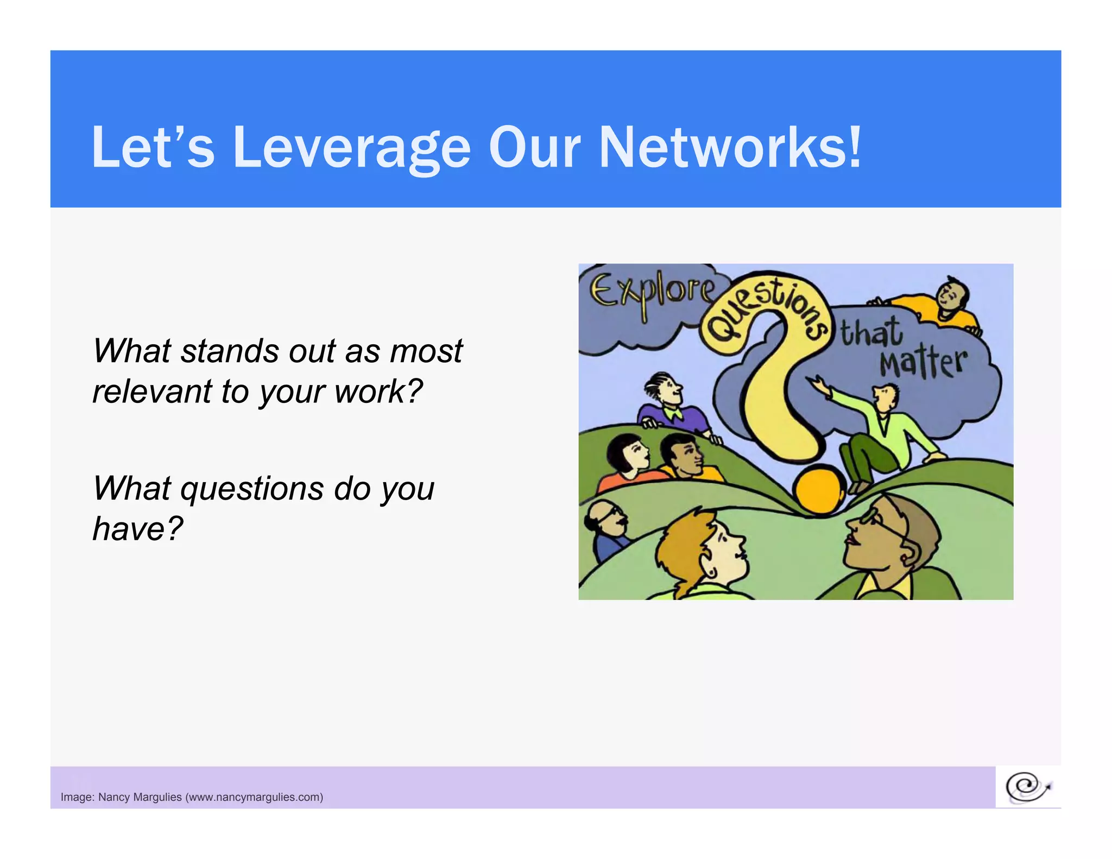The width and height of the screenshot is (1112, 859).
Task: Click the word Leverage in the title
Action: tap(351, 148)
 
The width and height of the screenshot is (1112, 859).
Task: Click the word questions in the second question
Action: tap(252, 488)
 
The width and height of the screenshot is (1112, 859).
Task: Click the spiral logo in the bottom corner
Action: tap(1027, 787)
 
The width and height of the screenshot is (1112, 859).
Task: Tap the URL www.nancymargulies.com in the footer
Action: tap(254, 797)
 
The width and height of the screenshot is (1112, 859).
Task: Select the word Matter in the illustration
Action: tap(923, 362)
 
